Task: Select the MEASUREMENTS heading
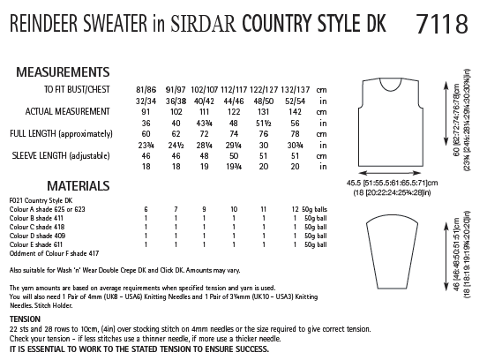coord(60,70)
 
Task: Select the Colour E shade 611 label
coord(36,248)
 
